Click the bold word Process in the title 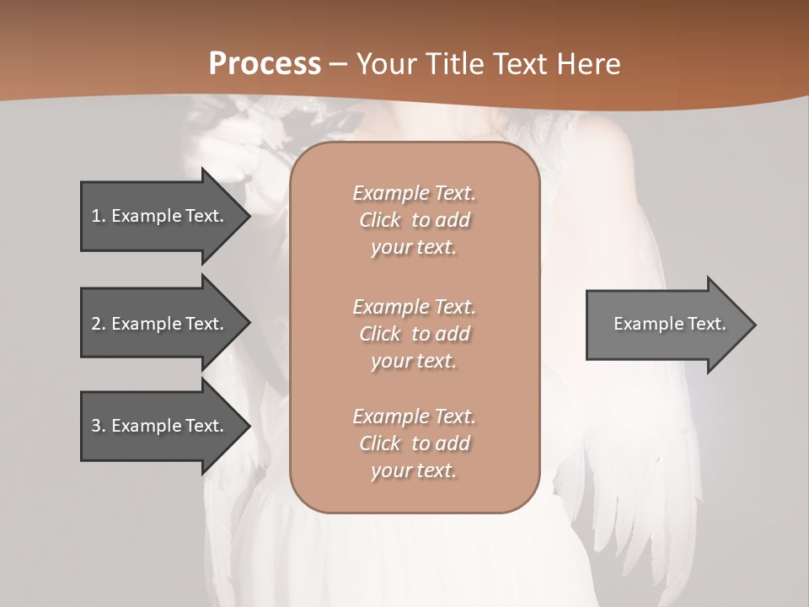(x=265, y=64)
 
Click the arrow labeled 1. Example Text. (x=160, y=216)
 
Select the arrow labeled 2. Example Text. (x=160, y=324)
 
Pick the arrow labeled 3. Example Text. (x=160, y=426)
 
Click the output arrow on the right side (x=666, y=324)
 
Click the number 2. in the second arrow (x=99, y=324)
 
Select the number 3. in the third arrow (x=99, y=426)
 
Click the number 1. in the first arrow (x=98, y=216)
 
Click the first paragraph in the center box (x=414, y=220)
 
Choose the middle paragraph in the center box (x=414, y=334)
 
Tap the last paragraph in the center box (x=414, y=443)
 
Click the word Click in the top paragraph (x=380, y=221)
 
